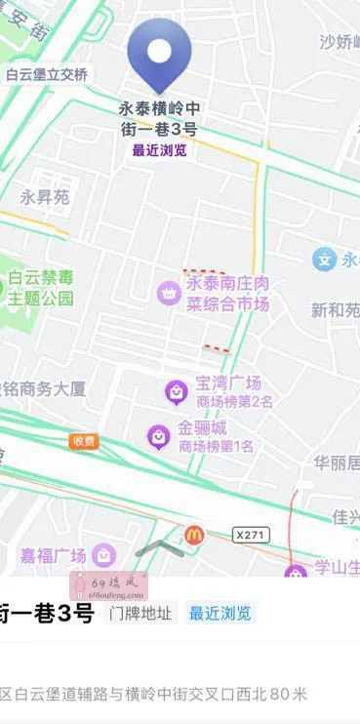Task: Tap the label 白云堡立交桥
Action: (46, 75)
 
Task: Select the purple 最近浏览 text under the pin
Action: (160, 150)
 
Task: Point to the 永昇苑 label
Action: (45, 197)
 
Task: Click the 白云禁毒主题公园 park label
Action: (40, 288)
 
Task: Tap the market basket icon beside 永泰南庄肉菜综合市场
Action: (169, 292)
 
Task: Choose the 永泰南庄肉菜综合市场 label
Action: (227, 294)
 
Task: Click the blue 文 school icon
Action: (323, 260)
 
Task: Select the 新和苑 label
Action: (335, 310)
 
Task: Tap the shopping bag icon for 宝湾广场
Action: (177, 392)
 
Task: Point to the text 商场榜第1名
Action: (216, 447)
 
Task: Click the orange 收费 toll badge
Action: (84, 441)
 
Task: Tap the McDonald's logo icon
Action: (194, 534)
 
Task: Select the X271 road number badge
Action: (251, 534)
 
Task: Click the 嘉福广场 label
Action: (54, 555)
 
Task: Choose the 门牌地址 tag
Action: (140, 614)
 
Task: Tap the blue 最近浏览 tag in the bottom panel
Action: (220, 614)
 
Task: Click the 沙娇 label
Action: (340, 41)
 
